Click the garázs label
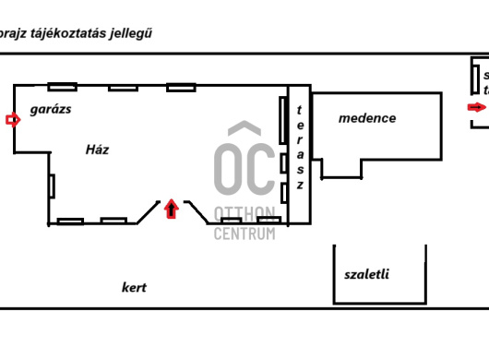click(x=51, y=109)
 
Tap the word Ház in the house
click(x=97, y=150)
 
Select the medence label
click(x=367, y=118)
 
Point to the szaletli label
click(x=366, y=274)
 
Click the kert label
click(x=134, y=287)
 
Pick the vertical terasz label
click(x=299, y=148)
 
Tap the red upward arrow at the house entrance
click(x=170, y=210)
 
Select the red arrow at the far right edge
click(x=476, y=107)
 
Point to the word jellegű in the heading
click(x=132, y=33)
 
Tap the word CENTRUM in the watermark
click(x=244, y=234)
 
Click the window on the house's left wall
click(x=53, y=185)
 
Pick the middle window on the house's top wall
click(x=123, y=88)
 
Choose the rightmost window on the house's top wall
click(x=181, y=87)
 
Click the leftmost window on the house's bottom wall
click(x=70, y=221)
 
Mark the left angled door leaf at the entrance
click(x=149, y=212)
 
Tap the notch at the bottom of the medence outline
click(x=341, y=168)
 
